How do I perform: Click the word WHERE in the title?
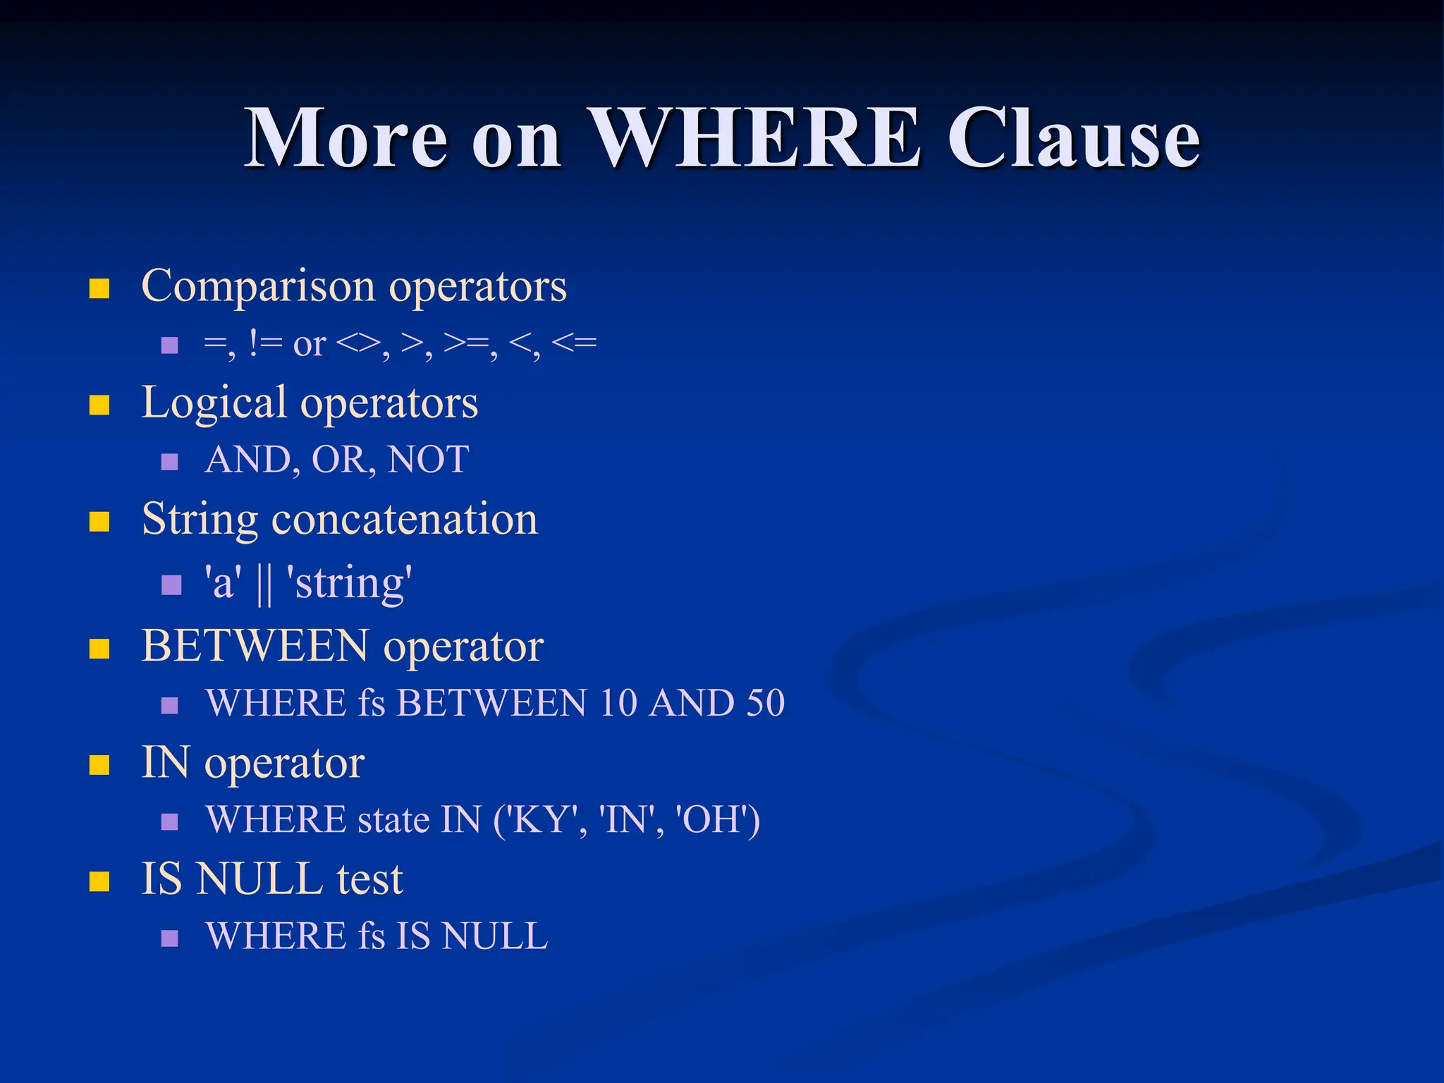tap(753, 138)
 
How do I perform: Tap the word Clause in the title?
tap(1072, 138)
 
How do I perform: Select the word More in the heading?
tap(345, 138)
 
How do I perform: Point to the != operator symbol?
tap(266, 344)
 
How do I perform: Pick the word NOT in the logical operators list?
tap(428, 460)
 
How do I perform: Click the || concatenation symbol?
tap(264, 584)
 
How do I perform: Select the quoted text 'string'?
tap(349, 584)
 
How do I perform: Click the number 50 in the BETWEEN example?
tap(765, 703)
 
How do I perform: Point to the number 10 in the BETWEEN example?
tap(618, 703)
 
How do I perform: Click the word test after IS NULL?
tap(369, 880)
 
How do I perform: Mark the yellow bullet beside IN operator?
tap(99, 765)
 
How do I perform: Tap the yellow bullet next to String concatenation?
tap(99, 522)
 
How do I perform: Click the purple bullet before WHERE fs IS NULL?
tap(169, 938)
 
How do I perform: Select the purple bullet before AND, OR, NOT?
tap(169, 462)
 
